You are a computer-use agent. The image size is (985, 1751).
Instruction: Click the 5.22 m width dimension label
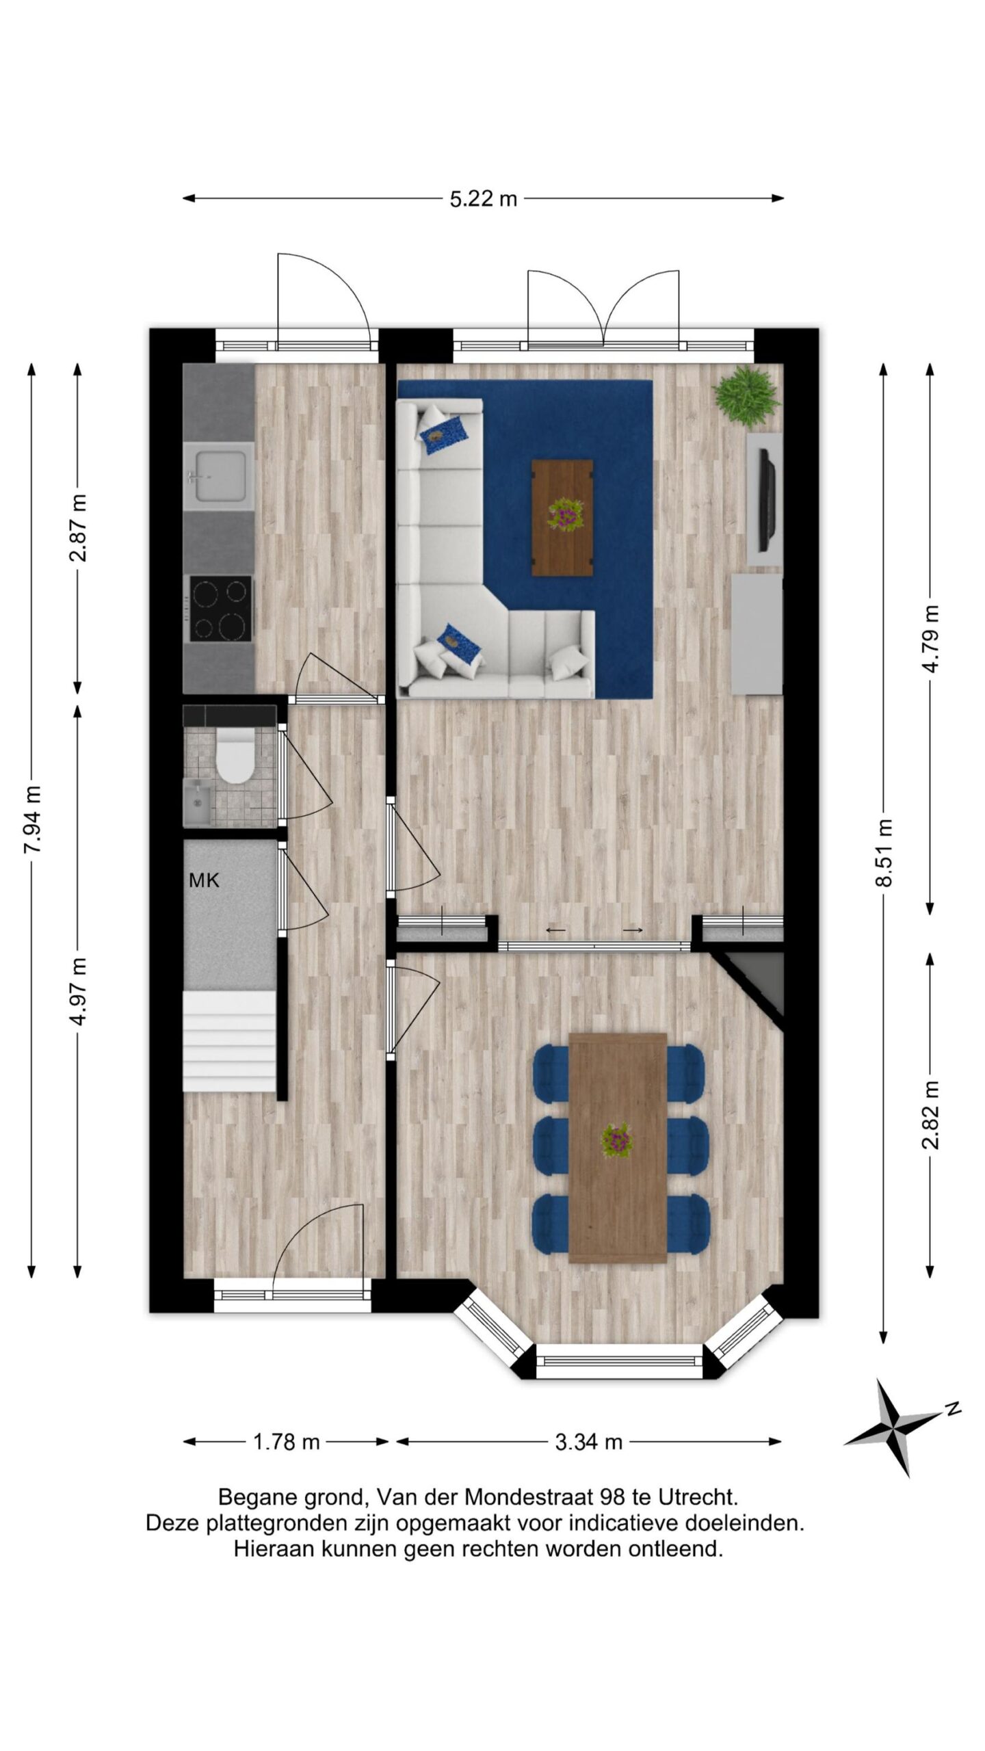tap(483, 198)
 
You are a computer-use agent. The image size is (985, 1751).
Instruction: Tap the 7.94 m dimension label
tap(33, 819)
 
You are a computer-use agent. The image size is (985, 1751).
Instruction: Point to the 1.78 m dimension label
tap(287, 1442)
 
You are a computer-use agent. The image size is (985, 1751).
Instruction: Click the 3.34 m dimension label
tap(588, 1442)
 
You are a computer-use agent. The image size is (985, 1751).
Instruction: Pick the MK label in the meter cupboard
tap(204, 880)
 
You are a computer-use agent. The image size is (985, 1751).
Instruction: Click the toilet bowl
tap(234, 755)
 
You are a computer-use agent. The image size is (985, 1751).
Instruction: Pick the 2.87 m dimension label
tap(79, 527)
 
